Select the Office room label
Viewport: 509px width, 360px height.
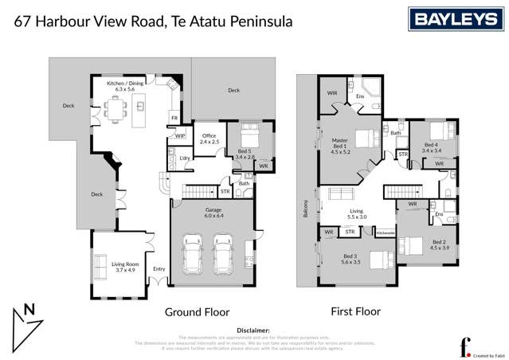pos(209,139)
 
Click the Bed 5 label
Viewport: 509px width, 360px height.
pos(245,154)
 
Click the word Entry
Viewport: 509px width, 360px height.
pos(159,269)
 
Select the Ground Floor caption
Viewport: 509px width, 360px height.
pos(197,311)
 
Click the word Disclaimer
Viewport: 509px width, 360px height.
pos(254,329)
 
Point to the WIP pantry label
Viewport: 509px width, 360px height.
pos(180,136)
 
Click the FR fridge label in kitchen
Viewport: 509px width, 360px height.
pos(173,118)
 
